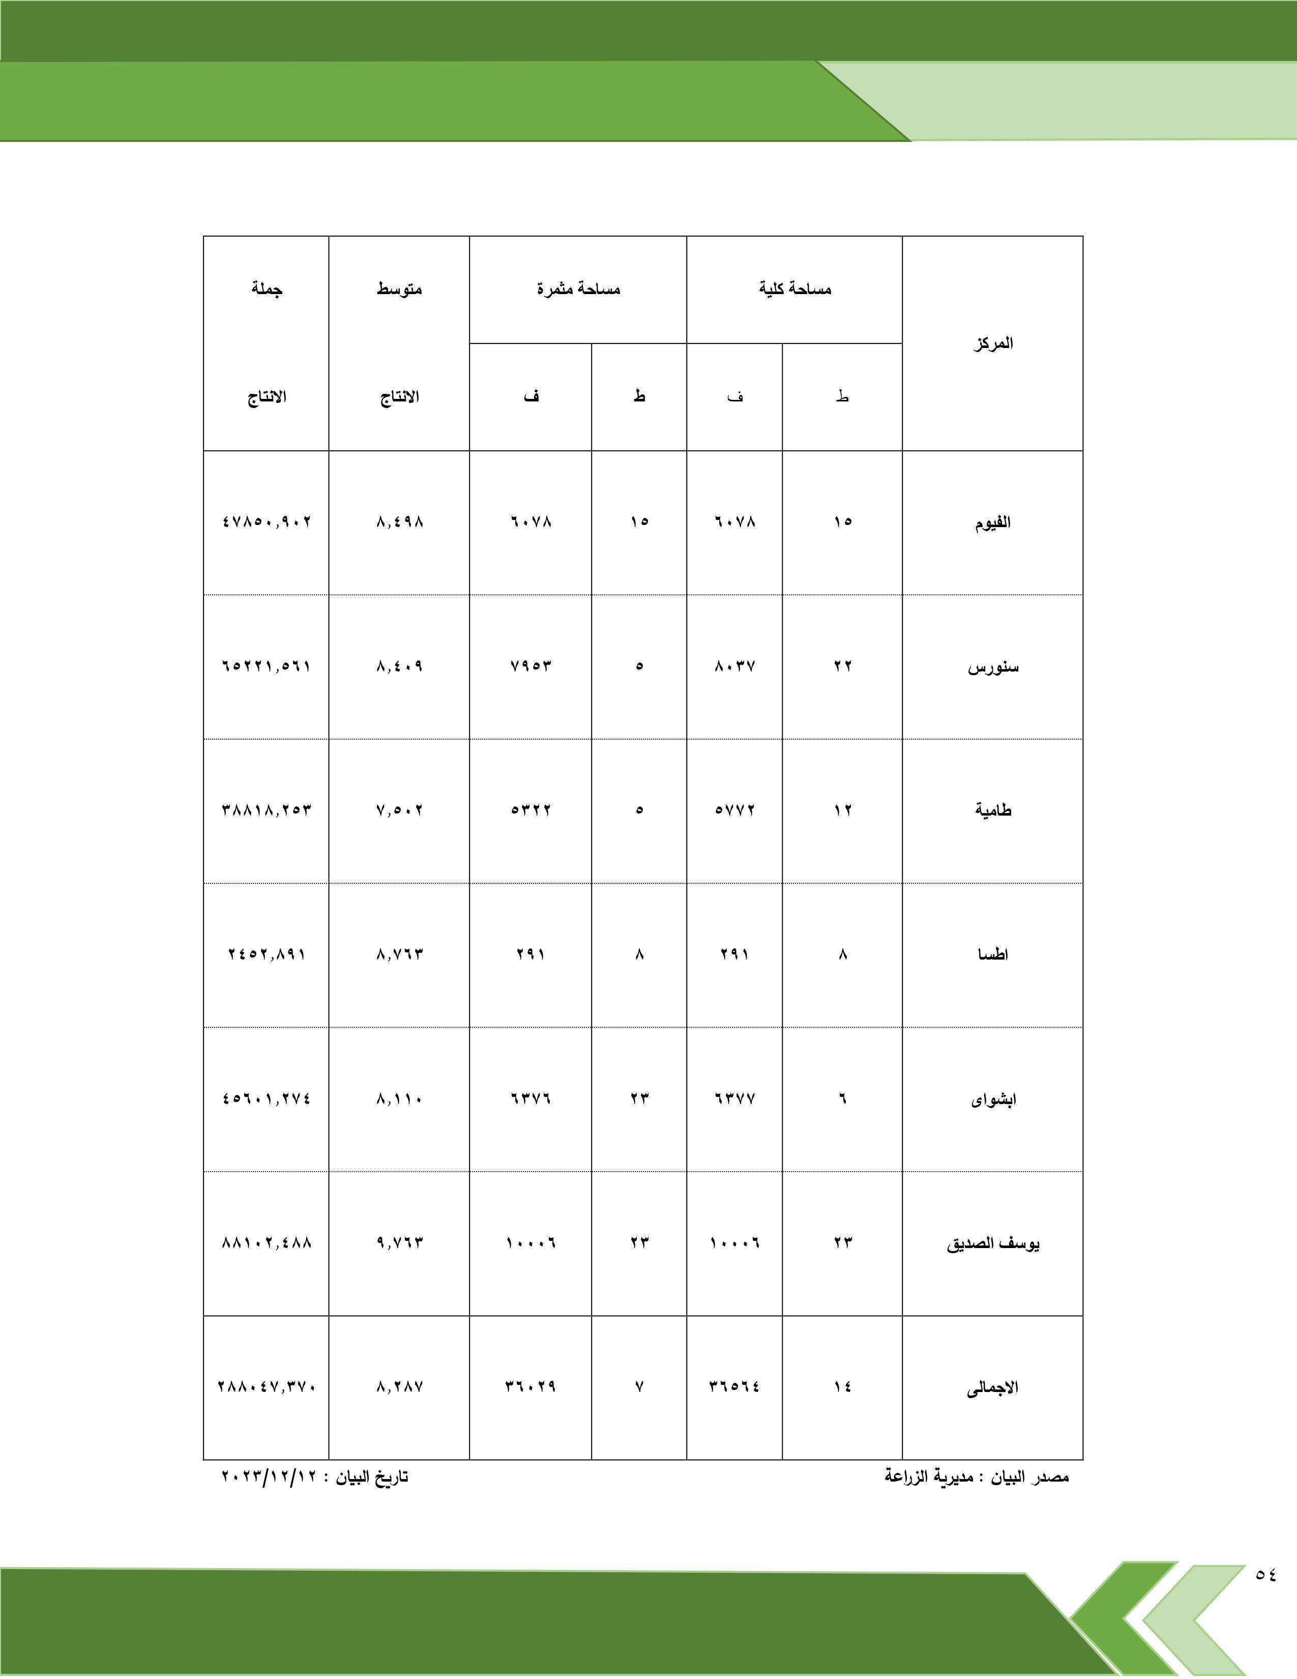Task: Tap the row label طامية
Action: [x=993, y=810]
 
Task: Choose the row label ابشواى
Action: [x=993, y=1099]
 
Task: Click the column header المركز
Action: [x=993, y=343]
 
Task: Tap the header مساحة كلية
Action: [x=794, y=289]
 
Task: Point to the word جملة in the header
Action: [x=266, y=289]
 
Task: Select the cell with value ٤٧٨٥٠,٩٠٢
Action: [x=267, y=522]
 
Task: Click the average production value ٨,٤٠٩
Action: [x=400, y=666]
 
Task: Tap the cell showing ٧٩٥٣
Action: [x=530, y=666]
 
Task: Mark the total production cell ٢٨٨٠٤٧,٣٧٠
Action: [x=267, y=1387]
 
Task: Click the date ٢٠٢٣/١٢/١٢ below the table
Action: [x=264, y=1477]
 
